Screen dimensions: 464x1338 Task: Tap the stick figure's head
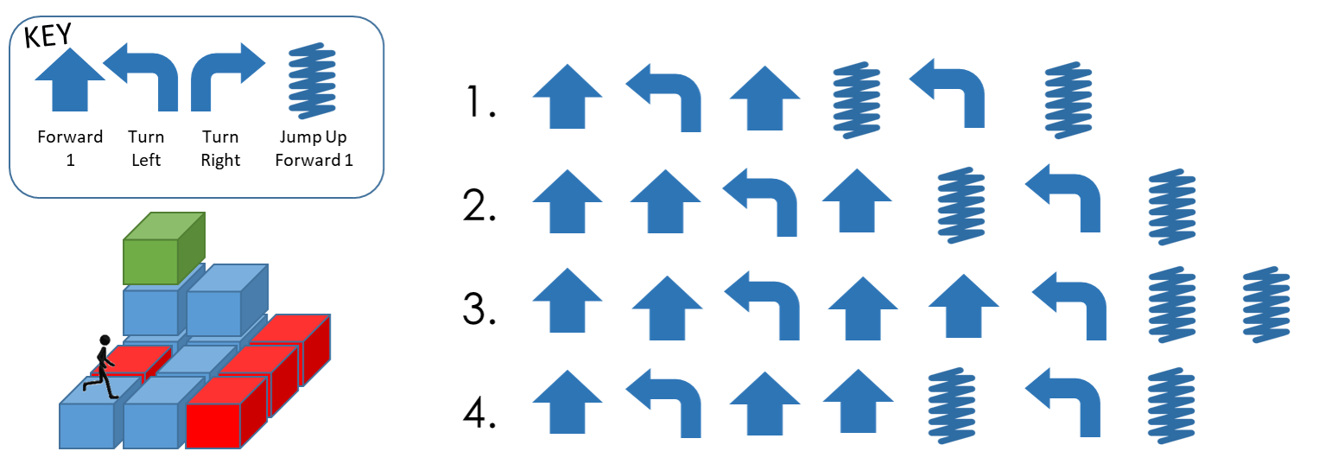point(105,340)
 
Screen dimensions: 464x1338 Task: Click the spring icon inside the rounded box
point(311,81)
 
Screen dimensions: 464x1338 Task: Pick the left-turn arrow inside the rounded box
point(141,76)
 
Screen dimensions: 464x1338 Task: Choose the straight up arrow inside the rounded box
point(70,79)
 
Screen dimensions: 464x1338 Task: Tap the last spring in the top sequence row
point(1068,99)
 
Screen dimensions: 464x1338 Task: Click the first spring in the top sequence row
point(856,99)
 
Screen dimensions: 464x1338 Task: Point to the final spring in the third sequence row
point(1265,305)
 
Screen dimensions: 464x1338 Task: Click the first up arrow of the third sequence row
point(568,300)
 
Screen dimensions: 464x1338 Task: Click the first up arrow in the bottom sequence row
point(568,402)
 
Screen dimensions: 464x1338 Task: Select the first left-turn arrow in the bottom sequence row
point(663,403)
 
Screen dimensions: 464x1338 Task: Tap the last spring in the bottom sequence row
point(1171,406)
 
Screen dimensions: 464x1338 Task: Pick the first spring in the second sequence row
point(961,206)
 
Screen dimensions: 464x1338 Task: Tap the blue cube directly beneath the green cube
point(151,309)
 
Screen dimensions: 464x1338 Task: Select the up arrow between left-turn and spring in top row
point(764,98)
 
